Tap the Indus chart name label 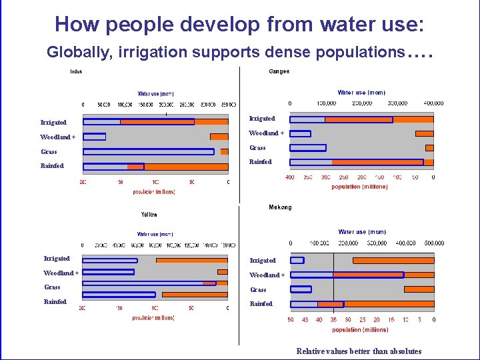pos(76,72)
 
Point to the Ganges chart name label pos(279,72)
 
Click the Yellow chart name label pos(149,215)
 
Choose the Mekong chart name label pos(280,207)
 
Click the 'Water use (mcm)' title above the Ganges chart pos(361,93)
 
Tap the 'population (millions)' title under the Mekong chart pos(360,330)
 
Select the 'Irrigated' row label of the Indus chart pos(53,123)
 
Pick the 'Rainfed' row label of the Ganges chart pos(261,162)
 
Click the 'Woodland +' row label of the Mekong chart pos(267,275)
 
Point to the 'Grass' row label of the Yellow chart pos(52,287)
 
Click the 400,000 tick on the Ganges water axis pos(433,103)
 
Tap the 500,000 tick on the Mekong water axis pos(434,243)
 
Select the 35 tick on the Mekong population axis pos(333,320)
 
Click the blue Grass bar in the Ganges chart pos(308,148)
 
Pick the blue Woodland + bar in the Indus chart pos(95,137)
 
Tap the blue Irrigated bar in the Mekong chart pos(297,260)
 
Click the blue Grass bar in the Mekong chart pos(301,289)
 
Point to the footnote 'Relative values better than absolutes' pos(359,351)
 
